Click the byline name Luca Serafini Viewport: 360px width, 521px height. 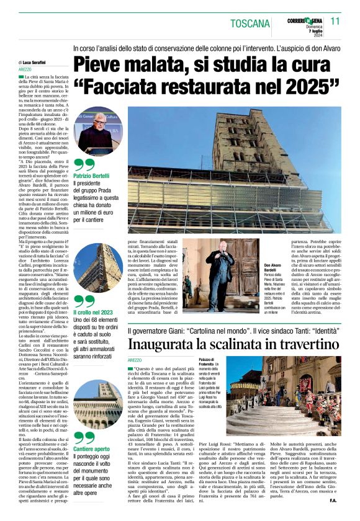click(37, 63)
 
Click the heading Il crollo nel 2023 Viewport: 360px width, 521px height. click(97, 312)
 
